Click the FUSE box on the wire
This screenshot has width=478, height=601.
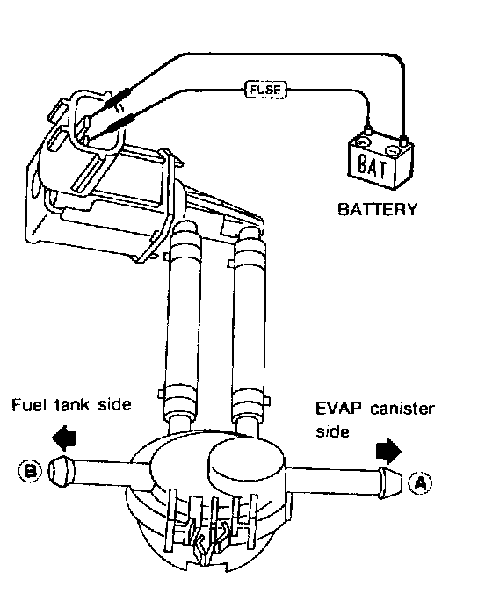[265, 91]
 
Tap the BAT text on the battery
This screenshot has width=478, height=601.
[373, 165]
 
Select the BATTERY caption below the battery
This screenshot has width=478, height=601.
[377, 210]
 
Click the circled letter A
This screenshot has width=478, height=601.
[420, 483]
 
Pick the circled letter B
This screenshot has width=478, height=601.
[30, 470]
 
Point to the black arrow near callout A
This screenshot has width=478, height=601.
[388, 451]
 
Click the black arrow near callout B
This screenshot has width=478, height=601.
[65, 438]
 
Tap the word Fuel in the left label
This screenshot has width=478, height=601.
[26, 405]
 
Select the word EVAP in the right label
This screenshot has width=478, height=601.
[338, 409]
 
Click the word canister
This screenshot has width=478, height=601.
[402, 409]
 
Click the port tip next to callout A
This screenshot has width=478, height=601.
[391, 483]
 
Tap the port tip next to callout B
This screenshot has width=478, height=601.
[61, 471]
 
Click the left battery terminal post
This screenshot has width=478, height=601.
[367, 129]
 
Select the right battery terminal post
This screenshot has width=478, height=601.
[402, 141]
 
